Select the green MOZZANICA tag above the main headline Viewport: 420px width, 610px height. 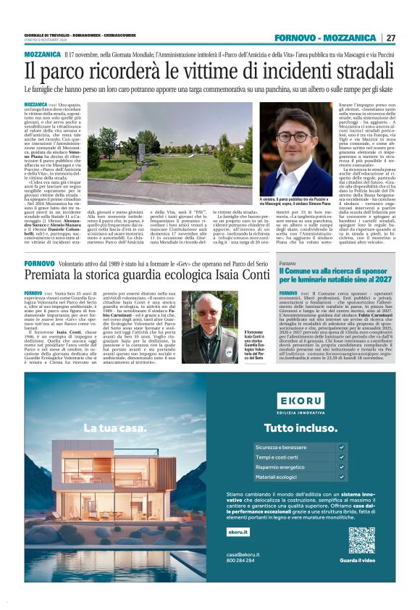click(x=42, y=54)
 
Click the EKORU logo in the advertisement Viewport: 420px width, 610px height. click(x=303, y=400)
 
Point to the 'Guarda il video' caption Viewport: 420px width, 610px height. click(x=361, y=561)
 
